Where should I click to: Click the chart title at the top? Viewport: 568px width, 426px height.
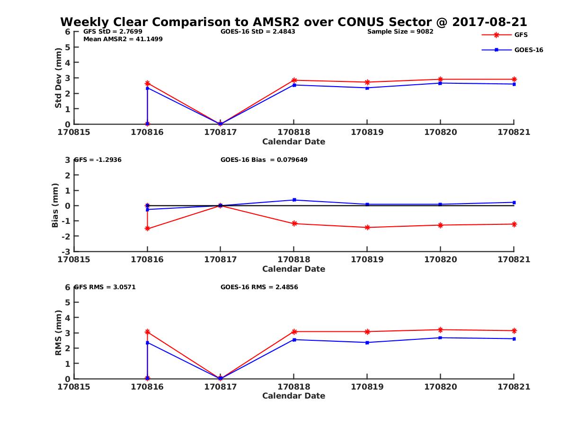(x=293, y=22)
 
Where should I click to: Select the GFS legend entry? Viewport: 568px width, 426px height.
(x=521, y=35)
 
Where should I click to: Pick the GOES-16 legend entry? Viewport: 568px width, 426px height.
(x=528, y=50)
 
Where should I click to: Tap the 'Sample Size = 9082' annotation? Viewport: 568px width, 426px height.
(x=400, y=32)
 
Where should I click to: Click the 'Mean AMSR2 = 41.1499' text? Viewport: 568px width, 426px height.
(x=123, y=39)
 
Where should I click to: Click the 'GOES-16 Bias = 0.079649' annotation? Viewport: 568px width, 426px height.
(x=264, y=160)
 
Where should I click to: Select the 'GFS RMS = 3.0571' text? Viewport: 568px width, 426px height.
(x=105, y=287)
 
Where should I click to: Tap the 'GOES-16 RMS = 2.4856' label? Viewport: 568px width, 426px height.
(x=259, y=287)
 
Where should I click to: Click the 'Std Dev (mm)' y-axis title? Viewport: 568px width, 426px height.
(x=58, y=78)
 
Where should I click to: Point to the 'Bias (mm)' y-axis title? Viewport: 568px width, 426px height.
(x=55, y=205)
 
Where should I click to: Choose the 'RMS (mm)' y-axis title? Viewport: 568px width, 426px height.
(x=58, y=333)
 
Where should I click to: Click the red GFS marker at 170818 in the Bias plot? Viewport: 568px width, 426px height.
(x=294, y=223)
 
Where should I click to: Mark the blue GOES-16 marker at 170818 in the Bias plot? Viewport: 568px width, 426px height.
(x=294, y=200)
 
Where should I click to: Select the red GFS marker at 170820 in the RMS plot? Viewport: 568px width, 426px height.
(x=440, y=329)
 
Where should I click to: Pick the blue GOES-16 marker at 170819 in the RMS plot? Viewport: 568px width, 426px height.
(x=367, y=342)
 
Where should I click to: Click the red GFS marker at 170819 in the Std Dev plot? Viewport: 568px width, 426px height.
(x=367, y=82)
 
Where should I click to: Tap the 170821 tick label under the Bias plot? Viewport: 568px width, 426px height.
(x=514, y=259)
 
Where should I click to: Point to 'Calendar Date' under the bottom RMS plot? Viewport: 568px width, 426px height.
(x=293, y=396)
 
